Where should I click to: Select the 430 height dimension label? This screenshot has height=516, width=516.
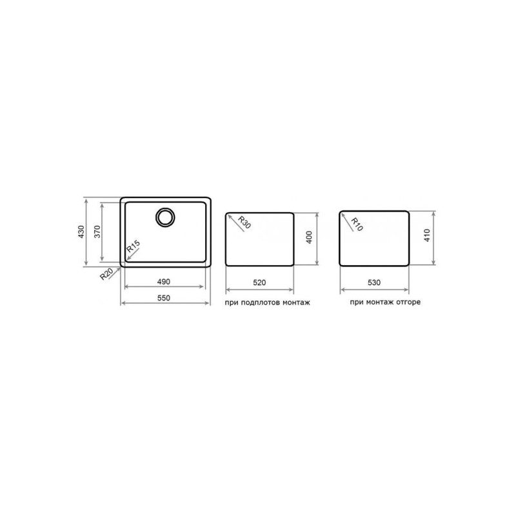(x=81, y=232)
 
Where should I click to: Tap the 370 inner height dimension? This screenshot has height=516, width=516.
(x=97, y=232)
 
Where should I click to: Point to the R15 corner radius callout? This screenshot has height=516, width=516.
(x=134, y=246)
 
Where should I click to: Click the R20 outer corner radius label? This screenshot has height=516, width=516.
(x=106, y=273)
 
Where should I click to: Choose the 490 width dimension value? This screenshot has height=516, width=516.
(x=164, y=282)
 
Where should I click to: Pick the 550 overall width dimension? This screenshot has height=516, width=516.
(x=164, y=298)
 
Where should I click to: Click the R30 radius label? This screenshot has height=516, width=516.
(x=244, y=222)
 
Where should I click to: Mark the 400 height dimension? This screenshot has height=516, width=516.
(x=309, y=237)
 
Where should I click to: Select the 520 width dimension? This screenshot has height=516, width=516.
(x=259, y=283)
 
